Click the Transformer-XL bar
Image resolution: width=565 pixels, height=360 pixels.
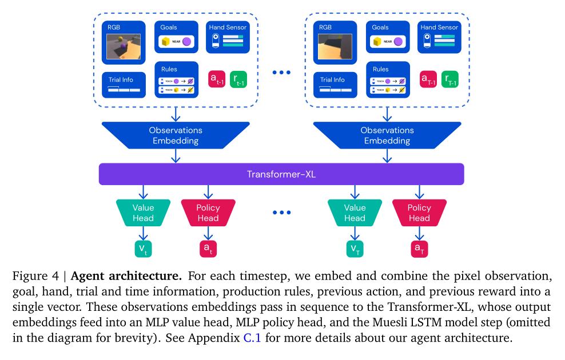(x=281, y=174)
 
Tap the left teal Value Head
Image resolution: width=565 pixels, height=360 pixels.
(x=143, y=213)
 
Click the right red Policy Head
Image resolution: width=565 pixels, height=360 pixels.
(x=419, y=213)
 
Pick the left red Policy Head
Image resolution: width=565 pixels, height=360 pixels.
(x=208, y=213)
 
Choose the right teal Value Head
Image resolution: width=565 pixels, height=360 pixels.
(x=355, y=213)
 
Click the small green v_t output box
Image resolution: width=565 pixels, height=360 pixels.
(x=143, y=248)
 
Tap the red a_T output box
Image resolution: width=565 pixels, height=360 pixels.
(x=419, y=248)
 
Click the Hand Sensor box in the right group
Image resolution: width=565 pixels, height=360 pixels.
(x=439, y=38)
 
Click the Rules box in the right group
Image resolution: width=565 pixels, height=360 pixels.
(x=388, y=80)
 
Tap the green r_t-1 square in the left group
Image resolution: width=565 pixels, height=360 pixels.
(x=239, y=80)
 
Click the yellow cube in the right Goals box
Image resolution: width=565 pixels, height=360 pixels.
(x=377, y=42)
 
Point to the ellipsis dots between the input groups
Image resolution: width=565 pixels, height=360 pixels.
(x=281, y=72)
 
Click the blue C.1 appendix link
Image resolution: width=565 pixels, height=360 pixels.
(x=252, y=338)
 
